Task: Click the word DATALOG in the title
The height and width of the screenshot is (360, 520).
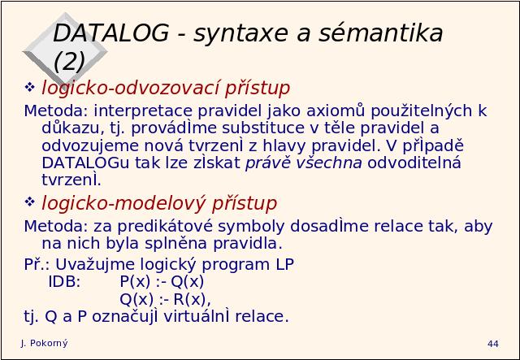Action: [x=110, y=33]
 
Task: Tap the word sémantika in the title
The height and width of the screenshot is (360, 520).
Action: [x=381, y=33]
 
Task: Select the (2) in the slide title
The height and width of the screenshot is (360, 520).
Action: [x=69, y=62]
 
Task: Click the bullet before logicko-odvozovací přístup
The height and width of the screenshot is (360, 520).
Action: [x=29, y=87]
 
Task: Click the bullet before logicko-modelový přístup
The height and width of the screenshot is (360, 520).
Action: [x=29, y=202]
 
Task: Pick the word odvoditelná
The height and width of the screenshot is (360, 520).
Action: [x=414, y=163]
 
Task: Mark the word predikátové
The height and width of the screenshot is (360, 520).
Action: [x=165, y=226]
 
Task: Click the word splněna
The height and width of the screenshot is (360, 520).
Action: [x=176, y=244]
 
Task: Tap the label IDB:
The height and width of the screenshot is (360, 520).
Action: [x=65, y=282]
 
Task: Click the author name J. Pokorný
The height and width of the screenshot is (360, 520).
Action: [x=44, y=344]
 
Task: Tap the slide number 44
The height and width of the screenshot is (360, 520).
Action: [x=493, y=344]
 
